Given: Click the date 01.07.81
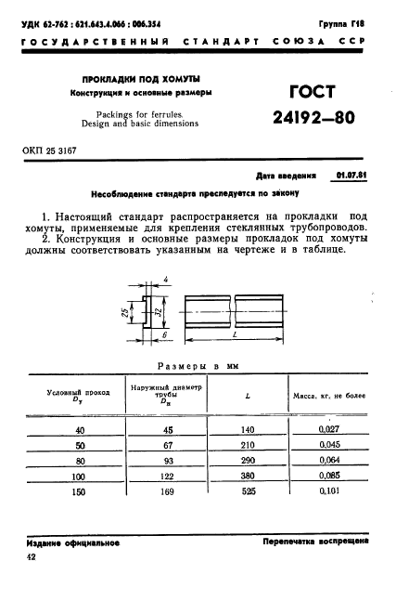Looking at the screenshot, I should pyautogui.click(x=352, y=175).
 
